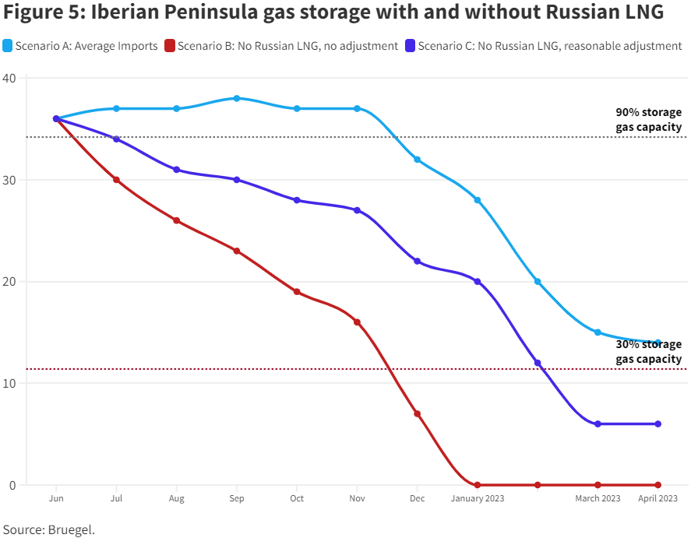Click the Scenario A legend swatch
(x=8, y=46)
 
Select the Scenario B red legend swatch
(x=171, y=46)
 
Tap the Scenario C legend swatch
(x=411, y=46)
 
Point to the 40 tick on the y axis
(x=9, y=79)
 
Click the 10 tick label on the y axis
(x=9, y=383)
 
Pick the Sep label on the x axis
(x=237, y=498)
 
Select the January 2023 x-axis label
(x=478, y=498)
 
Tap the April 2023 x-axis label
(x=658, y=498)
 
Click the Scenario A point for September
(x=237, y=98)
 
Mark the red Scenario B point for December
(x=418, y=413)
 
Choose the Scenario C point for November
(x=358, y=210)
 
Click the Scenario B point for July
(x=116, y=180)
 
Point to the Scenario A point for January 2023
(x=478, y=200)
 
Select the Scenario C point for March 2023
(x=598, y=424)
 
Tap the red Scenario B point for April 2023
(x=658, y=485)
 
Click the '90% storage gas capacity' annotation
(x=648, y=119)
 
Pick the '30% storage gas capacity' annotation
(x=648, y=352)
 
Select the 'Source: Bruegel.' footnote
(x=48, y=529)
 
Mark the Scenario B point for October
(x=297, y=292)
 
